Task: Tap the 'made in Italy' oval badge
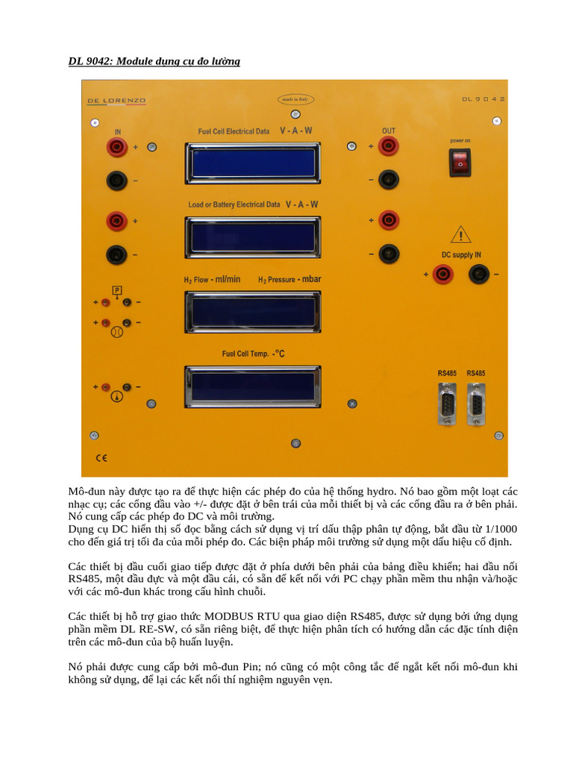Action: (294, 98)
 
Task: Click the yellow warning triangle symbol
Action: (462, 237)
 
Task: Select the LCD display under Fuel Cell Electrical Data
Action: (253, 162)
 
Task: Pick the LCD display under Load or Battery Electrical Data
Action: (253, 237)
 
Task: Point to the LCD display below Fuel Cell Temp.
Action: (253, 386)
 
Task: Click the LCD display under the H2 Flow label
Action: (253, 311)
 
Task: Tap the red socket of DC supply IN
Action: (443, 275)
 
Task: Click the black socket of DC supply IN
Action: (478, 275)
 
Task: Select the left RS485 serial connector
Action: (448, 405)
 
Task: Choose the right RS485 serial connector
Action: (475, 405)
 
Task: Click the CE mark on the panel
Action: (101, 457)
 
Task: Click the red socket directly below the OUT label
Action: (388, 146)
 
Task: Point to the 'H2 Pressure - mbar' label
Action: (289, 280)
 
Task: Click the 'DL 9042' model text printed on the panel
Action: (483, 98)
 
